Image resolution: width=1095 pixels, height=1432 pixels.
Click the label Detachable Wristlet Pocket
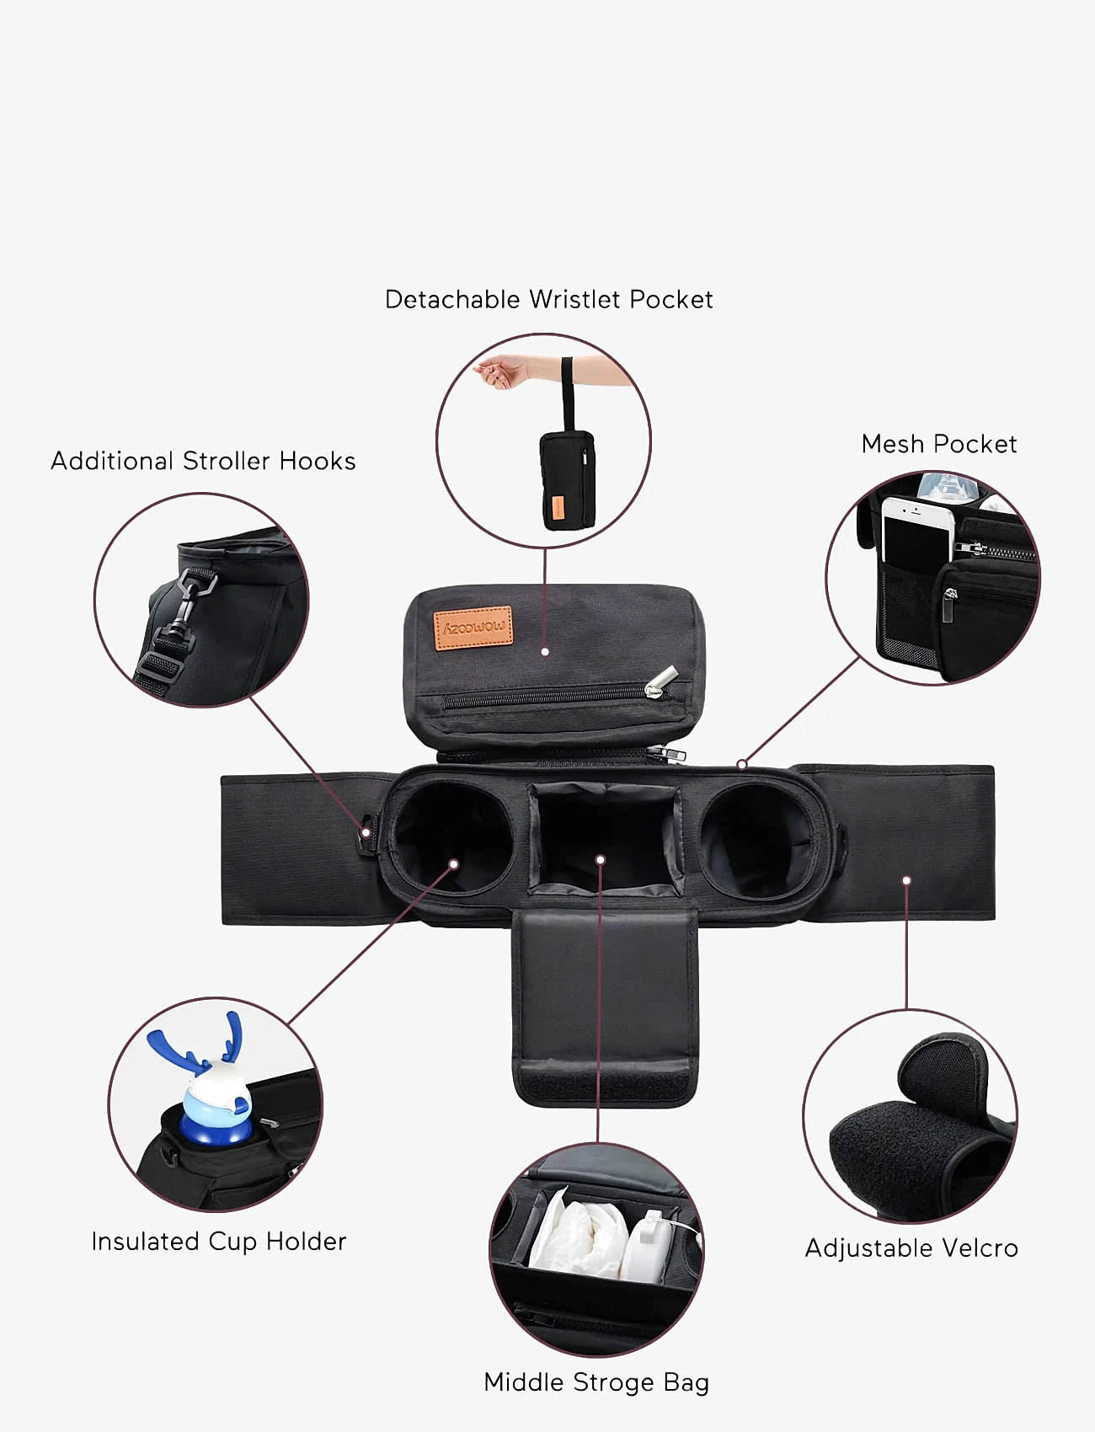[x=548, y=299]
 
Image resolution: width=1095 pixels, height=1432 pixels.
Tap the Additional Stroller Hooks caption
[x=203, y=461]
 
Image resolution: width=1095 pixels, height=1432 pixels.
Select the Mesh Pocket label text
[x=939, y=444]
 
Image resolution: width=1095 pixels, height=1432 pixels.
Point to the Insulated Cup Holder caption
[x=219, y=1242]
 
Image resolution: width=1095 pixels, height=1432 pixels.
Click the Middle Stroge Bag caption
[x=596, y=1382]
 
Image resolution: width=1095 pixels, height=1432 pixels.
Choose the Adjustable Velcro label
[x=911, y=1248]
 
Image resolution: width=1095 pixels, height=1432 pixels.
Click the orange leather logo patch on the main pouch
[x=473, y=628]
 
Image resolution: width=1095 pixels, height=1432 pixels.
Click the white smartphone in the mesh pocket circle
[x=916, y=537]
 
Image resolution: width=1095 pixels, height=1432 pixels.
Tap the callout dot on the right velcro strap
[x=906, y=880]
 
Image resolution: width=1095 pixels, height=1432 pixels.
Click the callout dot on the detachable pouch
[x=545, y=651]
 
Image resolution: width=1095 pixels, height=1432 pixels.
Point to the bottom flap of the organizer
[x=605, y=1007]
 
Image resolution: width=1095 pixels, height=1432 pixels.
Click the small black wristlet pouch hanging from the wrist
[x=568, y=479]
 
